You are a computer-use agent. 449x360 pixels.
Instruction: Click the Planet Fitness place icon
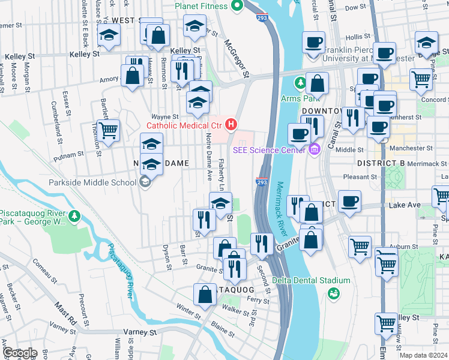point(237,6)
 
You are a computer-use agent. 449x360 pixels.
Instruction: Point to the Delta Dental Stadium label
point(311,280)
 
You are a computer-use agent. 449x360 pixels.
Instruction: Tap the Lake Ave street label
point(405,205)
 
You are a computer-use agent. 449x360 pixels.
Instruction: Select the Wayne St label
point(165,116)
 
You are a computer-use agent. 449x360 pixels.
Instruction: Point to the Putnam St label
point(69,155)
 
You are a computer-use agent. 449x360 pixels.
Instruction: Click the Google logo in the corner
point(19,353)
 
